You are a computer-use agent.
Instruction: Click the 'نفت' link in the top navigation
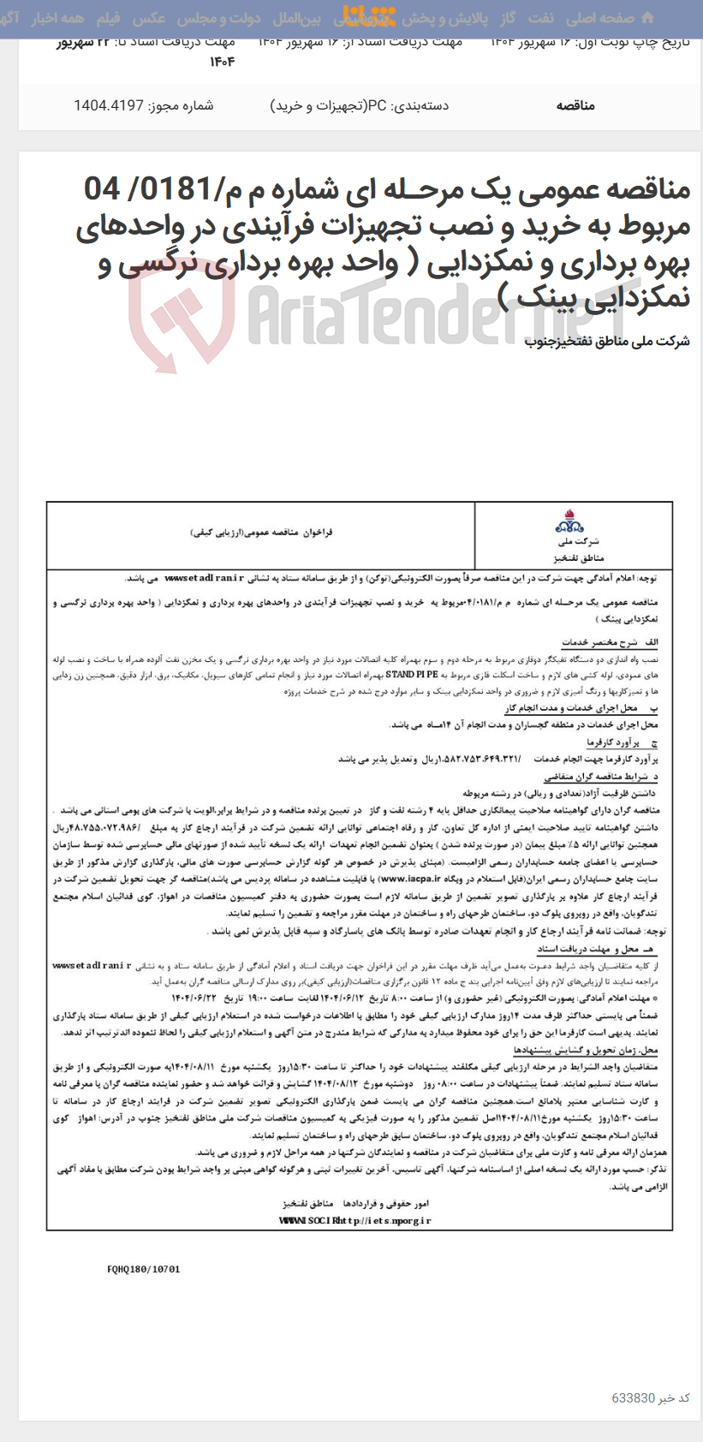click(x=540, y=18)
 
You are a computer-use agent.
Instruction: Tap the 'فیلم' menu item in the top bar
click(x=108, y=18)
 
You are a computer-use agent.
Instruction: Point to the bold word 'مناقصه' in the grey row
click(x=575, y=105)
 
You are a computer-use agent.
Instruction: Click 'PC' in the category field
click(x=377, y=105)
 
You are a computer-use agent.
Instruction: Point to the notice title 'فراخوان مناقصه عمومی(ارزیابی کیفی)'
click(x=261, y=532)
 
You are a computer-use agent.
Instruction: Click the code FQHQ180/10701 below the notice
click(x=144, y=1269)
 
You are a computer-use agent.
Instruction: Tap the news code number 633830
click(x=633, y=1397)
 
